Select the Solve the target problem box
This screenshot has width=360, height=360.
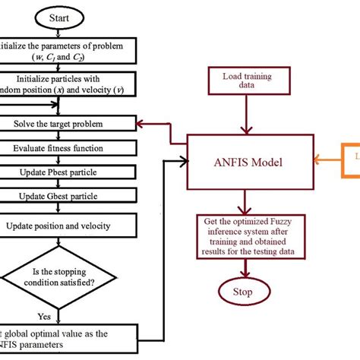pyautogui.click(x=68, y=123)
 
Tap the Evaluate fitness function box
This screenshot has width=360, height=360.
pyautogui.click(x=68, y=149)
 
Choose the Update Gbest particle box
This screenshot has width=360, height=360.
pyautogui.click(x=68, y=197)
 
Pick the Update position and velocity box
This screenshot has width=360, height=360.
pyautogui.click(x=68, y=225)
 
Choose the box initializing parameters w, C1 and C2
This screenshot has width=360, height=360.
pyautogui.click(x=68, y=51)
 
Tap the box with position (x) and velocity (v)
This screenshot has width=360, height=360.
pyautogui.click(x=68, y=84)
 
